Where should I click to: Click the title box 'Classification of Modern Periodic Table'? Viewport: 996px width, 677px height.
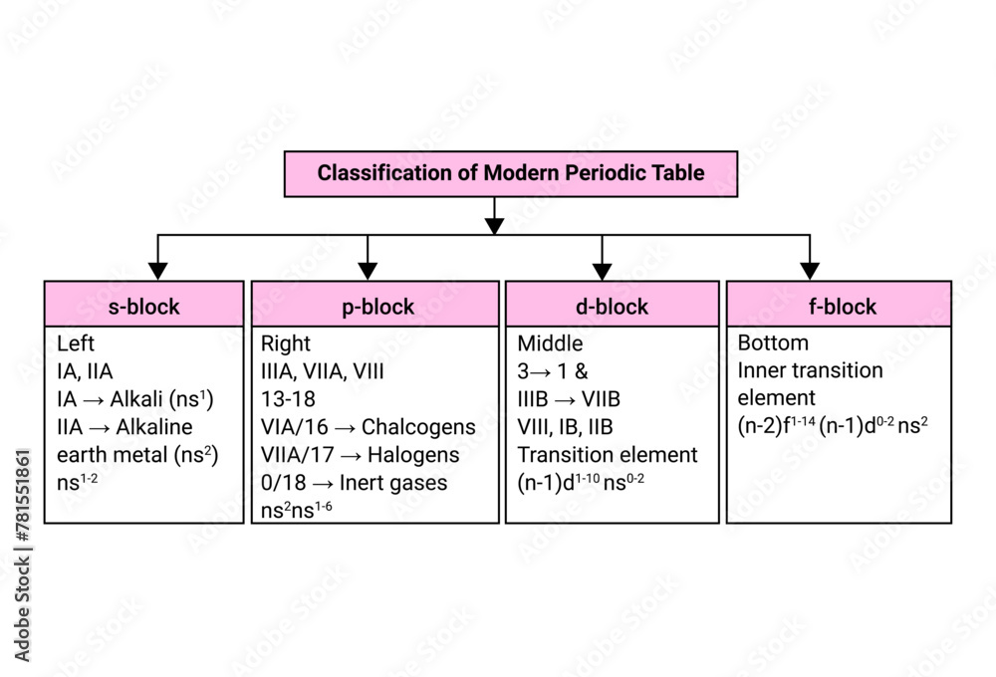[x=511, y=173]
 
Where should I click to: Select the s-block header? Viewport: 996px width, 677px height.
[x=144, y=307]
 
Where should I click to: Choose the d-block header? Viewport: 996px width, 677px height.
[x=612, y=307]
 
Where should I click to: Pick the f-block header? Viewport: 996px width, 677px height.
[x=839, y=307]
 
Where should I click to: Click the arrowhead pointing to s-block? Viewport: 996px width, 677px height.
[x=157, y=270]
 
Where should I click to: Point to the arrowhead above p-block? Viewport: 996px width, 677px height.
[x=368, y=270]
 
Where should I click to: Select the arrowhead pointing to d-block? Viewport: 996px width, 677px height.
[x=602, y=270]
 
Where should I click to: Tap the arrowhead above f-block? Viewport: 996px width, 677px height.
[x=810, y=270]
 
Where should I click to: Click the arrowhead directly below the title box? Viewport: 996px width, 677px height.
[x=494, y=225]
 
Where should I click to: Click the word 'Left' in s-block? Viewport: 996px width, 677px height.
[x=76, y=343]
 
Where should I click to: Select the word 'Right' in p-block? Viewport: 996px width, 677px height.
[x=286, y=343]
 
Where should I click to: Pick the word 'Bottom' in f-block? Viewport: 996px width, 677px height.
[x=773, y=343]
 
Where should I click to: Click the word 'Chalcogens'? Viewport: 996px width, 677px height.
[x=418, y=427]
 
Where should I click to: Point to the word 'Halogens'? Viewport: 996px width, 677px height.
[x=411, y=455]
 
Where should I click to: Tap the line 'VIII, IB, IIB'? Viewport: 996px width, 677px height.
[x=565, y=427]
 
